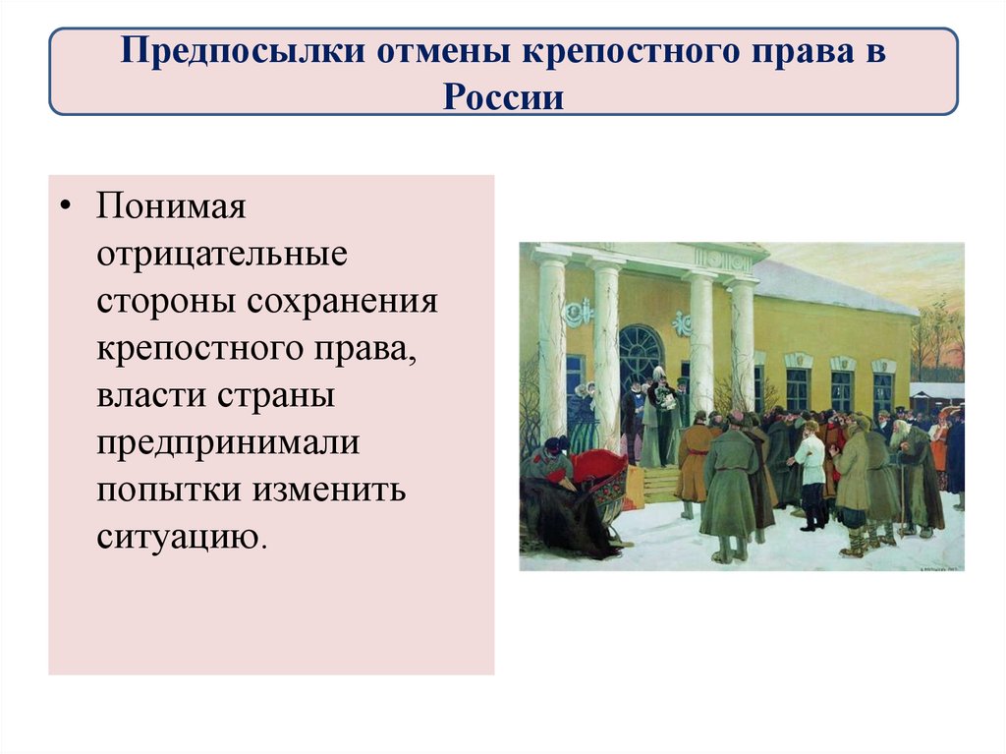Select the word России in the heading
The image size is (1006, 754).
[x=502, y=96]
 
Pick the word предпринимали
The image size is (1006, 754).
[x=228, y=443]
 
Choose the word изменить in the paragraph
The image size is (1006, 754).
[x=332, y=491]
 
